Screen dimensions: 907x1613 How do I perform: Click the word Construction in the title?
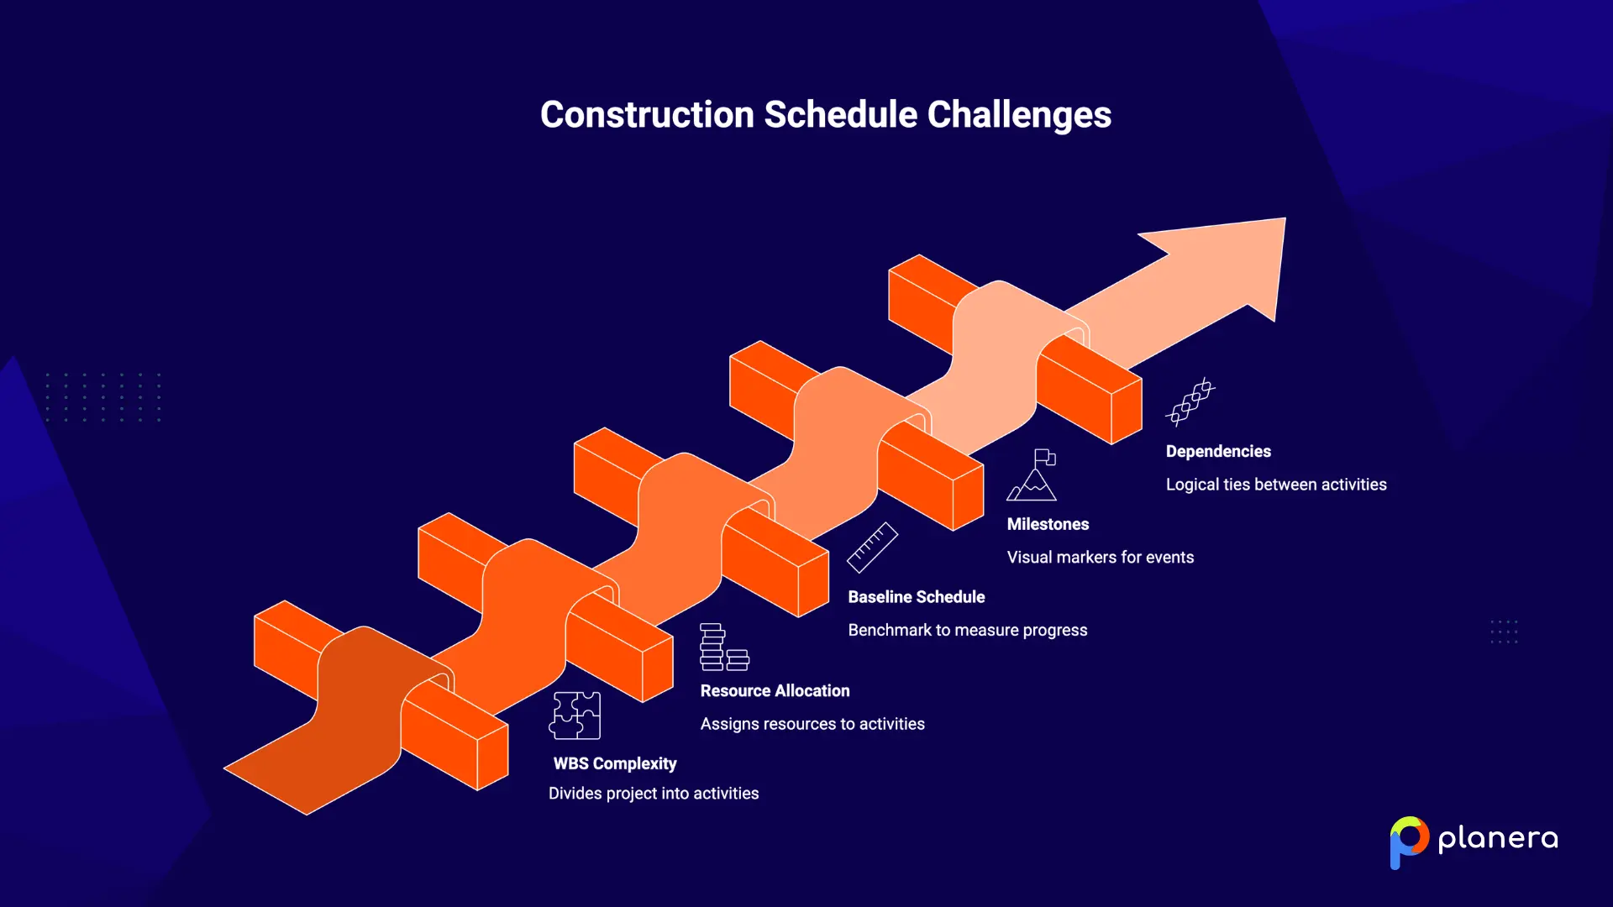(x=647, y=115)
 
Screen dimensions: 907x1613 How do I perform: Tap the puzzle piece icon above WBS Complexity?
(x=575, y=716)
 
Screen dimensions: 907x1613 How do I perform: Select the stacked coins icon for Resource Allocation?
(x=723, y=647)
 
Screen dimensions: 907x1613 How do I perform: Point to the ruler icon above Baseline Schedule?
(x=872, y=548)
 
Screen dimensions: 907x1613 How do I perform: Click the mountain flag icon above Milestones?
(x=1032, y=475)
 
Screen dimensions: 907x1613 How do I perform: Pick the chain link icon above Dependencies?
(x=1190, y=401)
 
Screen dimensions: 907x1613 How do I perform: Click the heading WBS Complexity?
(x=614, y=763)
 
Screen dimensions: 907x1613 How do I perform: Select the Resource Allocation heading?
(x=775, y=690)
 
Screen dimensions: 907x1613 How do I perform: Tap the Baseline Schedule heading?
(x=916, y=597)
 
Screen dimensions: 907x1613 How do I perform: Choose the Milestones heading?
(x=1048, y=524)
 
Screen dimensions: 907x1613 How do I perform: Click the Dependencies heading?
(x=1218, y=451)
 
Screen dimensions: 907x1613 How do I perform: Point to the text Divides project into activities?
(x=653, y=794)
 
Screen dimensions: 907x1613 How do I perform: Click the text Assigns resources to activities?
(x=812, y=724)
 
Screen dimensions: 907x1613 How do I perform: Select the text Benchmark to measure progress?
(x=967, y=630)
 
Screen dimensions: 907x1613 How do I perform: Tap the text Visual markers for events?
(x=1100, y=557)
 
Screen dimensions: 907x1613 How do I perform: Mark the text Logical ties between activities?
(x=1275, y=485)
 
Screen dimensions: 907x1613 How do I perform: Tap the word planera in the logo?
(x=1498, y=839)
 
